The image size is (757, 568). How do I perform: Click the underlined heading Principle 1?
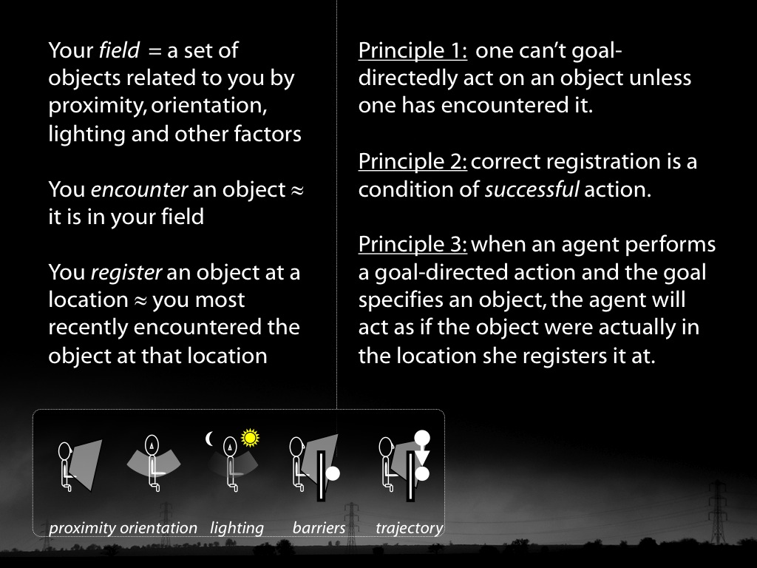413,51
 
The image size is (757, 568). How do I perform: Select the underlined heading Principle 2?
413,162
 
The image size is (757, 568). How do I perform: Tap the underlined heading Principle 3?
413,244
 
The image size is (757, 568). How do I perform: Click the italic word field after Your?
119,50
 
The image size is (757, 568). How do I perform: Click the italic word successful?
532,189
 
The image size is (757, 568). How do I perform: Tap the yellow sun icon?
250,438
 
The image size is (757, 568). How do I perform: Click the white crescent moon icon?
209,439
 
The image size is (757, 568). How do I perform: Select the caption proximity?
83,528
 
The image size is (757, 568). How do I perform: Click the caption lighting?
237,528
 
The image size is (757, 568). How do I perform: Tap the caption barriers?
319,527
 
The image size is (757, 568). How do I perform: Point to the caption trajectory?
410,528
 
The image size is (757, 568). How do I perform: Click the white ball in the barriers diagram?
333,473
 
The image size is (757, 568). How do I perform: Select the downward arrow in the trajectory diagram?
422,456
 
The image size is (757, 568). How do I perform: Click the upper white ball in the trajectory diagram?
422,438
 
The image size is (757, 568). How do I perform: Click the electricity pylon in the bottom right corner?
717,512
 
